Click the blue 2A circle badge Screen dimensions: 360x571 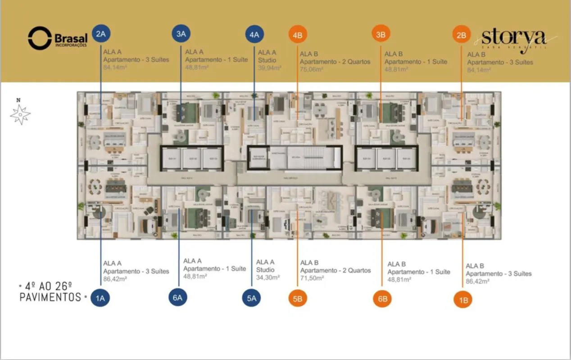click(x=100, y=34)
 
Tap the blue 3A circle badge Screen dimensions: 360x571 click(x=181, y=34)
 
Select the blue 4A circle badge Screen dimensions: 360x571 click(x=254, y=35)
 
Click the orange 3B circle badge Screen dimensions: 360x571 click(x=381, y=34)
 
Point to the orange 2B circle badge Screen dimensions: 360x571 click(x=461, y=35)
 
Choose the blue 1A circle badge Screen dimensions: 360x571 click(x=100, y=297)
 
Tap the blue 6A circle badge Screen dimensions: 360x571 click(x=178, y=297)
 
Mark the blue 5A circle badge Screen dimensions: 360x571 click(x=251, y=297)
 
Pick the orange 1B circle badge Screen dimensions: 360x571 click(x=462, y=300)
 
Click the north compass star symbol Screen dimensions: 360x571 click(x=20, y=114)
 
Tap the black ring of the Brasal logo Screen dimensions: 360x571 click(x=40, y=38)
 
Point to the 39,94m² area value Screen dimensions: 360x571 click(x=270, y=68)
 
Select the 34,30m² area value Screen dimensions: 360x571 click(x=268, y=278)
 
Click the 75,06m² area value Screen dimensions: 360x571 click(x=311, y=69)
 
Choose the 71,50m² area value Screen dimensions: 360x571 click(x=312, y=279)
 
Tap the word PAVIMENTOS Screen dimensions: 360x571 click(x=50, y=297)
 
